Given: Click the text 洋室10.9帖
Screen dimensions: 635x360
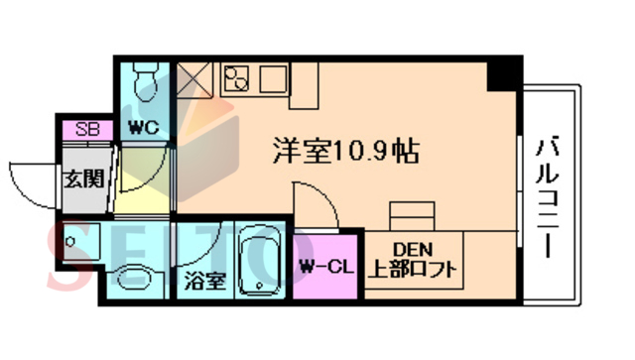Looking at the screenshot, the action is click(344, 151).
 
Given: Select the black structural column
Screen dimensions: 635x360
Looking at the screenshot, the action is click(507, 72).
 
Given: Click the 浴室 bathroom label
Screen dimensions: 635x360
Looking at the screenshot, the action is click(204, 280).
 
